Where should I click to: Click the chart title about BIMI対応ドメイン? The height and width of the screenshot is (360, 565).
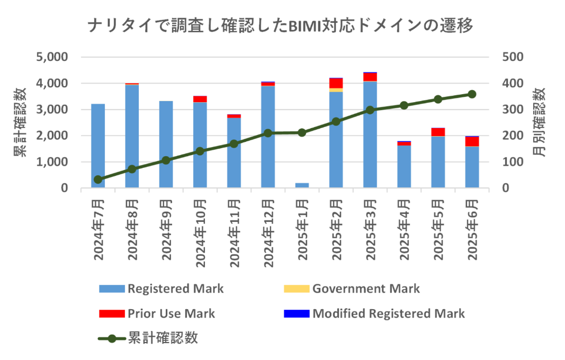280,25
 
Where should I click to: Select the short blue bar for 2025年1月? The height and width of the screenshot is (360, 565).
302,185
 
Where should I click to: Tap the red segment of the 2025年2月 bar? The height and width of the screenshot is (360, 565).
336,83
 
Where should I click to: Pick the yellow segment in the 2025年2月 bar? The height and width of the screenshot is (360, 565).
336,90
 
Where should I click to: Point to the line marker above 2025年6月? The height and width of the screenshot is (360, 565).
472,94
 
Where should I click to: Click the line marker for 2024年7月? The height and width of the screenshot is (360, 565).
98,179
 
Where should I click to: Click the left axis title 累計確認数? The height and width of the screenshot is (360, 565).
21,122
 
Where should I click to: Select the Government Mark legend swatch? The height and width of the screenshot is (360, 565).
295,289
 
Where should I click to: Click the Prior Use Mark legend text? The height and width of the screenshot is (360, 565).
171,313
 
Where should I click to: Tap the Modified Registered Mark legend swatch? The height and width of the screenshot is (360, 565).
295,313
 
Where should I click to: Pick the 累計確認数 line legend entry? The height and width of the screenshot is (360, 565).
148,338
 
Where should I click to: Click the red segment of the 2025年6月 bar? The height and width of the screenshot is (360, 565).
472,141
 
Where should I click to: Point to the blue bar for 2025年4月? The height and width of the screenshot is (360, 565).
404,166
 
